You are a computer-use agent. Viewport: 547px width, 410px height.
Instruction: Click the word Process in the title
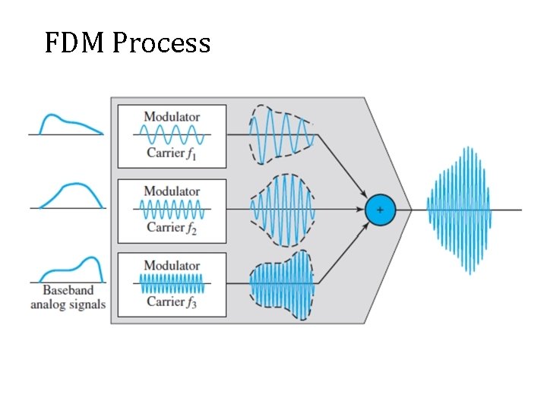161,43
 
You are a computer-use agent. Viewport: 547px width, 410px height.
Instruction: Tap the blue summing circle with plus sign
380,209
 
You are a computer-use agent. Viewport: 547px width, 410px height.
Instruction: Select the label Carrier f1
172,153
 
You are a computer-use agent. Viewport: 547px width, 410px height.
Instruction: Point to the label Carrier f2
172,227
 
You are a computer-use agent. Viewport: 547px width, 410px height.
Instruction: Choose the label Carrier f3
172,301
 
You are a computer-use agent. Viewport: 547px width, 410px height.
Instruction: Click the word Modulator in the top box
172,117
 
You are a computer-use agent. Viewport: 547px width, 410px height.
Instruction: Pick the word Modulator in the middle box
172,191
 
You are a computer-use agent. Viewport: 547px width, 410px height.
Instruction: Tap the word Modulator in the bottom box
172,265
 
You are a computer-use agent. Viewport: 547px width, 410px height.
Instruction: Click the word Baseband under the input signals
68,290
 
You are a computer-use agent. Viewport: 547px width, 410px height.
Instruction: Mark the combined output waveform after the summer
459,209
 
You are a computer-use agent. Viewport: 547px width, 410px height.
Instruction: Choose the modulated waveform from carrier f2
281,209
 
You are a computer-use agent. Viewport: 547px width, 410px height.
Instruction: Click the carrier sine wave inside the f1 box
172,135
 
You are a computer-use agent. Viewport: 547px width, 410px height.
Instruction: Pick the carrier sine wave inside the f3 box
172,284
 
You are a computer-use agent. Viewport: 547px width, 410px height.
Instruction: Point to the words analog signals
68,304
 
